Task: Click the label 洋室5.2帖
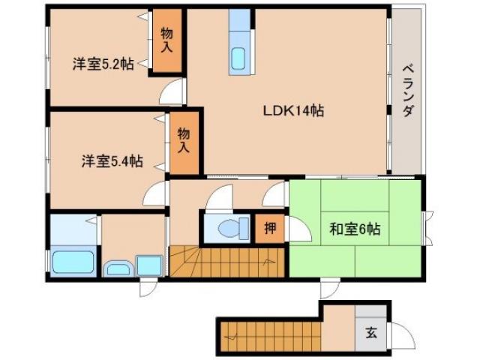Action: point(103,64)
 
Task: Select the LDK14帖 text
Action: point(292,111)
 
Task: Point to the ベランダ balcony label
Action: point(408,89)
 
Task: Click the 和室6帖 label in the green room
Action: point(355,229)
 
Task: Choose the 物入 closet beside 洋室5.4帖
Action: point(184,140)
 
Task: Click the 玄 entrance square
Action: point(371,332)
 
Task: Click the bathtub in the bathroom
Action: point(73,263)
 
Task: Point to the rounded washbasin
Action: point(118,268)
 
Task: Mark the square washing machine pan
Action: point(149,266)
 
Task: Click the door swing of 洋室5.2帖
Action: point(172,94)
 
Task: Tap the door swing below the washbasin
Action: point(148,289)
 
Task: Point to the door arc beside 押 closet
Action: point(297,229)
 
